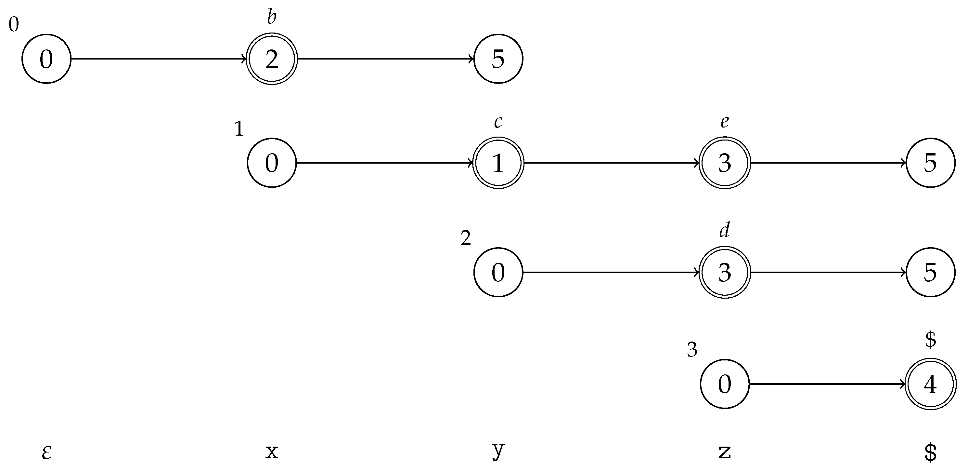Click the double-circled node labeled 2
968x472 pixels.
pos(272,59)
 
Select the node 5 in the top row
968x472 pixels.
pos(498,59)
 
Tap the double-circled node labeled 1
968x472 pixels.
pos(498,163)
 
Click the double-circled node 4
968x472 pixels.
pos(930,384)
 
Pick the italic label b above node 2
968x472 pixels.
pos(272,18)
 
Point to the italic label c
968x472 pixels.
pos(498,121)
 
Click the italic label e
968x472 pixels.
pos(725,121)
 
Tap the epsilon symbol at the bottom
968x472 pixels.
pos(46,452)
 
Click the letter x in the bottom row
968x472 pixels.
pos(272,452)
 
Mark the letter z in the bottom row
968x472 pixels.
pos(725,452)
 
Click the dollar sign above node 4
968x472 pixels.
pos(930,340)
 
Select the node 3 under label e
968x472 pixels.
pos(725,163)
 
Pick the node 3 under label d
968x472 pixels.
pos(725,272)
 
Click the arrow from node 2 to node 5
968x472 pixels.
pos(385,59)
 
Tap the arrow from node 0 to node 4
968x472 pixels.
pos(827,384)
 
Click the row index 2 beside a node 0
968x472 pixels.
pos(465,238)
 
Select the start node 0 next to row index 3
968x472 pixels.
pos(725,384)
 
